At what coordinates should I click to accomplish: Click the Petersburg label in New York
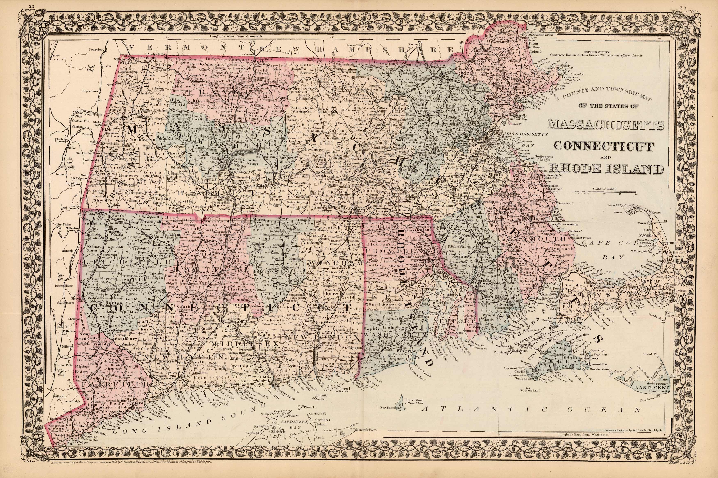(97, 49)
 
